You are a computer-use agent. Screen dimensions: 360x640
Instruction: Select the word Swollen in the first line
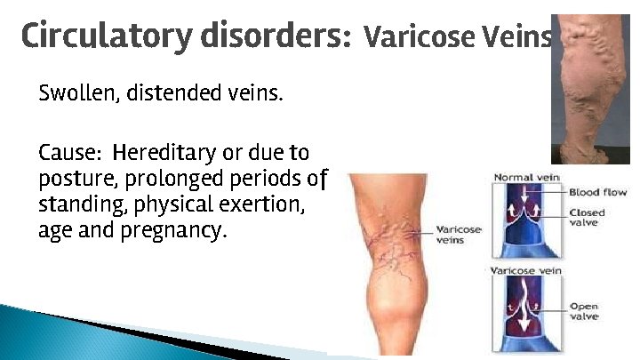[74, 92]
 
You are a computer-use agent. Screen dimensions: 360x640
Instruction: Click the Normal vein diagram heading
[526, 178]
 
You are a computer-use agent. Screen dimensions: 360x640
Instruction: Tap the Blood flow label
[598, 192]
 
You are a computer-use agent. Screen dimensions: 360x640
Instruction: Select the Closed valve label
[588, 218]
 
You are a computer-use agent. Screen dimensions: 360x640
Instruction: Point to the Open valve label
[585, 311]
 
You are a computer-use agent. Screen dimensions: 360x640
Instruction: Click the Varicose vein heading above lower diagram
[526, 270]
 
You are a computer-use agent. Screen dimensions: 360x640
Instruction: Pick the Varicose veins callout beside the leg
[459, 235]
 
